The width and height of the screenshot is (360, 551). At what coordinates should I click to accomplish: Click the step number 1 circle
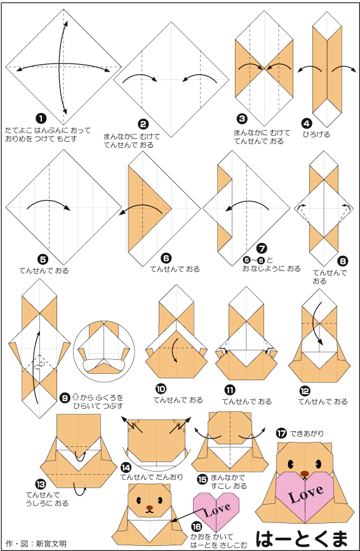click(41, 119)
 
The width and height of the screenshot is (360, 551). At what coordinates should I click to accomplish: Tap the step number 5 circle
click(43, 260)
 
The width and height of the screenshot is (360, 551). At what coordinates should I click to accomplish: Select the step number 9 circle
click(65, 398)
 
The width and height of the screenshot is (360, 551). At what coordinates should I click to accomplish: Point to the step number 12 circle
click(305, 391)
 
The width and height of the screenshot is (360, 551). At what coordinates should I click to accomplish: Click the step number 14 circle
click(126, 467)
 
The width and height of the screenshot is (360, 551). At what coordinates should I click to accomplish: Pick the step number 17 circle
click(281, 434)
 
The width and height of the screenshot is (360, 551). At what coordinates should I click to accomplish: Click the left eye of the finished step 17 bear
click(291, 464)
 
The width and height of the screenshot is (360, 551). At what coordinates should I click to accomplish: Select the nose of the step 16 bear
click(150, 508)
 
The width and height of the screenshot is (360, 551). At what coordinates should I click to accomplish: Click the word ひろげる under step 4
click(316, 134)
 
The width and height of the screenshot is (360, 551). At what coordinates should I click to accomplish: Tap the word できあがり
click(307, 434)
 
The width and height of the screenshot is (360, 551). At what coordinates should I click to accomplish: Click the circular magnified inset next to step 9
click(104, 347)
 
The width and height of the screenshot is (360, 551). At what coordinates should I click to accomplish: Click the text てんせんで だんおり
click(152, 477)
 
